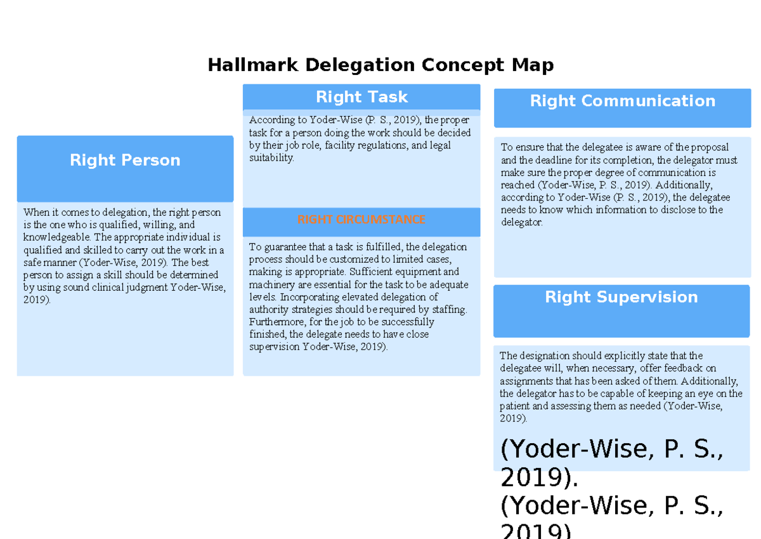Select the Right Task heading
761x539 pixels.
361,97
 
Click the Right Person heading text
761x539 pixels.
125,161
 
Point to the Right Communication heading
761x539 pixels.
622,101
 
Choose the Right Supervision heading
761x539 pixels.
621,297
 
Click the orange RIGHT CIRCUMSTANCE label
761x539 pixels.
361,220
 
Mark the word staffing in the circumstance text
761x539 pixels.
447,310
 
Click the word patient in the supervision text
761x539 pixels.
515,406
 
